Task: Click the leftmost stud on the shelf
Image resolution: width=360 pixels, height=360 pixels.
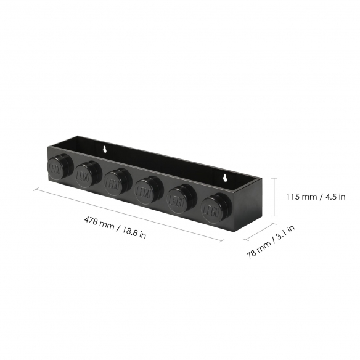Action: (60, 167)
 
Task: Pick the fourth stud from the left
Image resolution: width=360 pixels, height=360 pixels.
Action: (149, 190)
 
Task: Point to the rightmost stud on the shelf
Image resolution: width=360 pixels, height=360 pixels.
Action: (216, 208)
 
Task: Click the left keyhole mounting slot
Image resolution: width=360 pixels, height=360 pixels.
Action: (105, 149)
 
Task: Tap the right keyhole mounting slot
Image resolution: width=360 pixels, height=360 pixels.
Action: (225, 178)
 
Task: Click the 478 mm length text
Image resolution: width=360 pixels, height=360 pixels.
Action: (99, 223)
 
